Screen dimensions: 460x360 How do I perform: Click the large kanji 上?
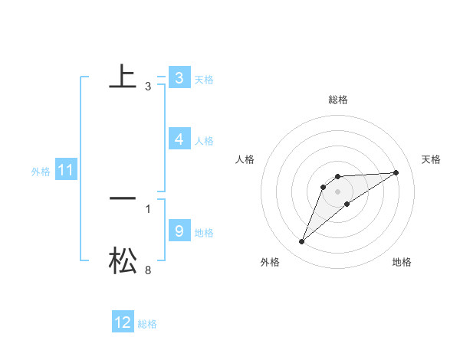click(123, 77)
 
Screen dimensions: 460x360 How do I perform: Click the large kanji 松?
click(123, 260)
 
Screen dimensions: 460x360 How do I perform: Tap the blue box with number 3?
click(179, 78)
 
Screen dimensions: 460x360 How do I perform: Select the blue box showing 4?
click(179, 139)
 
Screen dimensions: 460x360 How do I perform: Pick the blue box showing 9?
click(179, 231)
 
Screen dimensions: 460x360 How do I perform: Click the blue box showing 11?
click(65, 171)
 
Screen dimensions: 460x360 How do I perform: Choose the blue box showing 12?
click(123, 322)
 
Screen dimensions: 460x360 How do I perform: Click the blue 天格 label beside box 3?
click(204, 80)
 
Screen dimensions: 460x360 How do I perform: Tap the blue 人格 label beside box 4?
click(204, 141)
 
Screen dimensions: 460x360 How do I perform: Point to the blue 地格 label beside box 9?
click(204, 233)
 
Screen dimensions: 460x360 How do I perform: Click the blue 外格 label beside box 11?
click(41, 172)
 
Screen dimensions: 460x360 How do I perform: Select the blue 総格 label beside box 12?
click(147, 324)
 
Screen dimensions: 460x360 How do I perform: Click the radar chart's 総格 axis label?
click(338, 100)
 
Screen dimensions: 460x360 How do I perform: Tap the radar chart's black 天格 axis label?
click(431, 159)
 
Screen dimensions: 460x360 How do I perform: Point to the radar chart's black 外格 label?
click(270, 263)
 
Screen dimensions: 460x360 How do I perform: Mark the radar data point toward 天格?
click(396, 172)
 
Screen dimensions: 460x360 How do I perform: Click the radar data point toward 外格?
click(302, 242)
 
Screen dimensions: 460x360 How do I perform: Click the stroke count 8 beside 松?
click(148, 270)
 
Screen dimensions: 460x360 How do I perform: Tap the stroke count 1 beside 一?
click(148, 208)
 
